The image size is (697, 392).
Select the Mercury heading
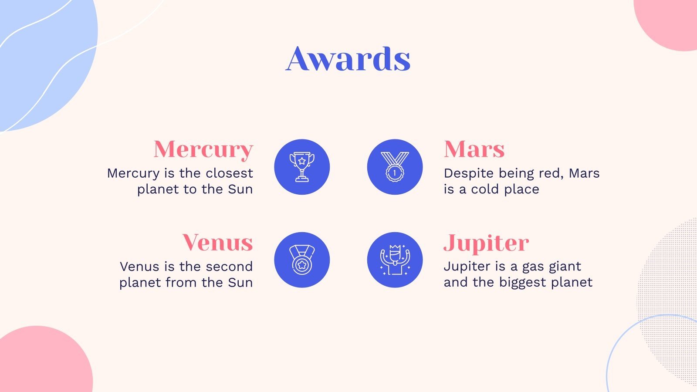[x=203, y=150]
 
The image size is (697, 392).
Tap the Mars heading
[x=474, y=149]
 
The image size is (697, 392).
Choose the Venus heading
[x=217, y=242]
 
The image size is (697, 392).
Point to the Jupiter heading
[x=486, y=243]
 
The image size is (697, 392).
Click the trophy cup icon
[x=302, y=167]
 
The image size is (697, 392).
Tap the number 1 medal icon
[x=395, y=167]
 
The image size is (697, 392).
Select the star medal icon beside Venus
[x=302, y=260]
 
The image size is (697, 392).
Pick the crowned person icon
[x=395, y=260]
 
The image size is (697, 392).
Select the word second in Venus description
[x=229, y=267]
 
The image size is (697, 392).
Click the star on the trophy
[x=301, y=161]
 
